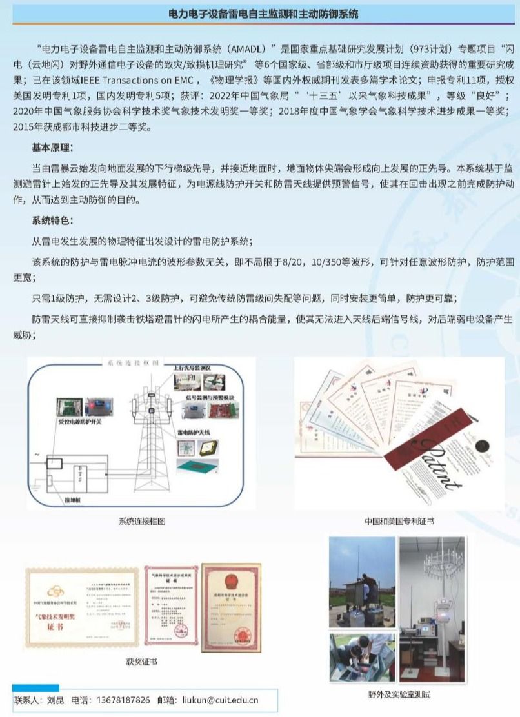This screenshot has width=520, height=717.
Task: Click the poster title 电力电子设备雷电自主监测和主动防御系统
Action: [263, 14]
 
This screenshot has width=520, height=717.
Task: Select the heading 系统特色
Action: [52, 221]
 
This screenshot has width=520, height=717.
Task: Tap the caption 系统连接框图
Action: [141, 521]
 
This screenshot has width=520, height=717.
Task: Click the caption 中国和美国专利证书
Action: [399, 521]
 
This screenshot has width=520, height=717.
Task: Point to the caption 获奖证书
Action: [141, 662]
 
